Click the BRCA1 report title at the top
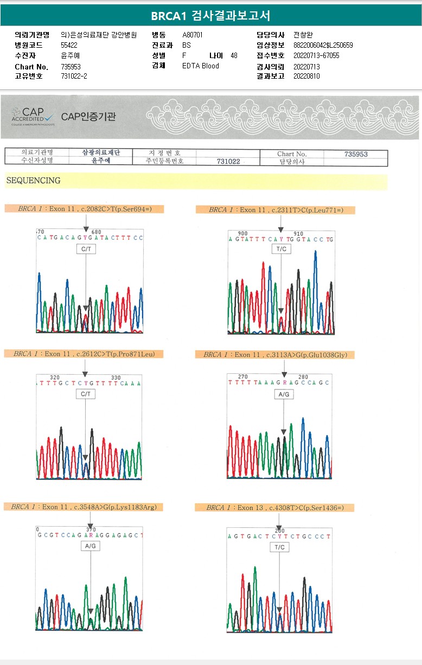[x=210, y=16]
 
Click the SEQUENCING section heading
[x=34, y=181]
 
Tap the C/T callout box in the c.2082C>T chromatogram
[x=86, y=249]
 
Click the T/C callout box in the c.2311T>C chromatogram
[x=281, y=249]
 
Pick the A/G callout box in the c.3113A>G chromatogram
[x=284, y=394]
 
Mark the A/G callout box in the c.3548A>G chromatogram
[x=90, y=546]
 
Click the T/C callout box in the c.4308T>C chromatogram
[x=279, y=547]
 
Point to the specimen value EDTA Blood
[x=201, y=66]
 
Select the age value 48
[x=234, y=55]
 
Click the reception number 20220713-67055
[x=316, y=55]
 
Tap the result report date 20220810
[x=306, y=76]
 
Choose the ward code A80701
[x=193, y=35]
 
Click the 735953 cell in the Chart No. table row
[x=356, y=154]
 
